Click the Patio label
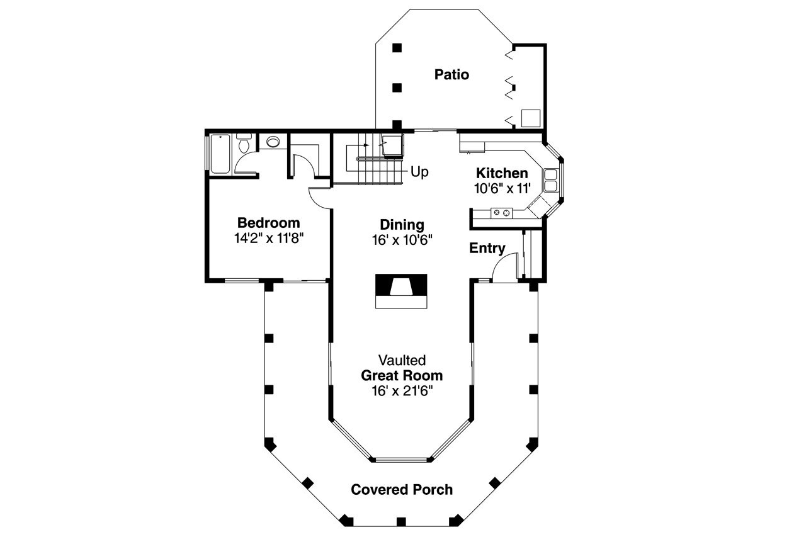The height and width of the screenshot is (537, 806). pos(451,75)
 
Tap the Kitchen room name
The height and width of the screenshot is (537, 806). pos(501,173)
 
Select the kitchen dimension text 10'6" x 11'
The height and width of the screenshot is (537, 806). pos(502,188)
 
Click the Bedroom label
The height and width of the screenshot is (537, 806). pos(268,223)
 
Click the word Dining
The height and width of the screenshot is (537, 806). pos(402,225)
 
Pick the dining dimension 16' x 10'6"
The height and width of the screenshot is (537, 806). pos(402,240)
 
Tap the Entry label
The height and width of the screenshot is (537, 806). pos(487,249)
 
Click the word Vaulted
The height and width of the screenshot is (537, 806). pos(402,360)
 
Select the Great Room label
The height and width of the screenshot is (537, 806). pos(402,376)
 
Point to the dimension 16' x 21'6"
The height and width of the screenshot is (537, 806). pos(402,391)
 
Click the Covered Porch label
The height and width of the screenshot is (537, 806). pos(402,490)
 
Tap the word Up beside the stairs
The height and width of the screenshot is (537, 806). pos(419,171)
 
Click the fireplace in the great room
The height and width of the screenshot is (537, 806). pos(402,290)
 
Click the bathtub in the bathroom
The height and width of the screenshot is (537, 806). pos(220,154)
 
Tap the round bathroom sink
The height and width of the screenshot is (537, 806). pos(273,142)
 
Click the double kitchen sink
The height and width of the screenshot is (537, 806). pos(550,180)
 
